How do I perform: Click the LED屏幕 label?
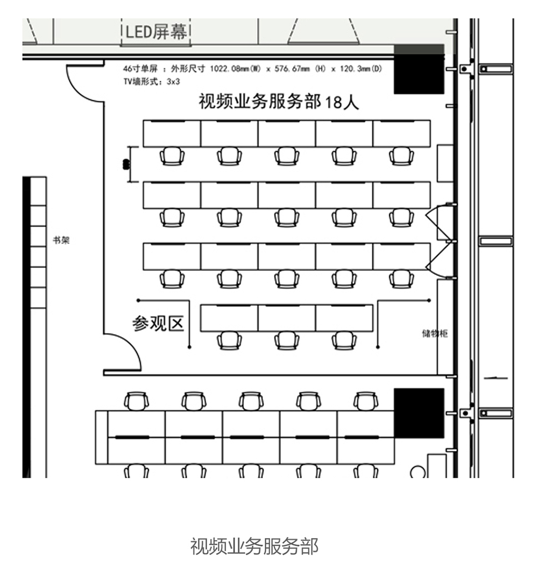[157, 32]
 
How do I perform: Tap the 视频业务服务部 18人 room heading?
[278, 101]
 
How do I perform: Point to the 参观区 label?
[158, 323]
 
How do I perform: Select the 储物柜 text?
[435, 333]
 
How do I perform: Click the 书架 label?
[61, 240]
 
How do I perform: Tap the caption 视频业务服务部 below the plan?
[254, 546]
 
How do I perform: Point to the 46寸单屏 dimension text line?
[252, 69]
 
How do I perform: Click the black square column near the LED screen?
[419, 69]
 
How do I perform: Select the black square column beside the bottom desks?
[419, 413]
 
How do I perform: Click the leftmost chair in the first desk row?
[172, 156]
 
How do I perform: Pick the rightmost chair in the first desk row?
[401, 156]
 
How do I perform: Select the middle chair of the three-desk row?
[287, 340]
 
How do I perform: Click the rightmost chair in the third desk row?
[401, 278]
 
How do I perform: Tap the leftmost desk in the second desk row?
[172, 195]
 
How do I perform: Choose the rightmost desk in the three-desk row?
[344, 318]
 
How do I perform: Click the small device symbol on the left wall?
[127, 164]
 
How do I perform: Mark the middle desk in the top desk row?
[287, 134]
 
